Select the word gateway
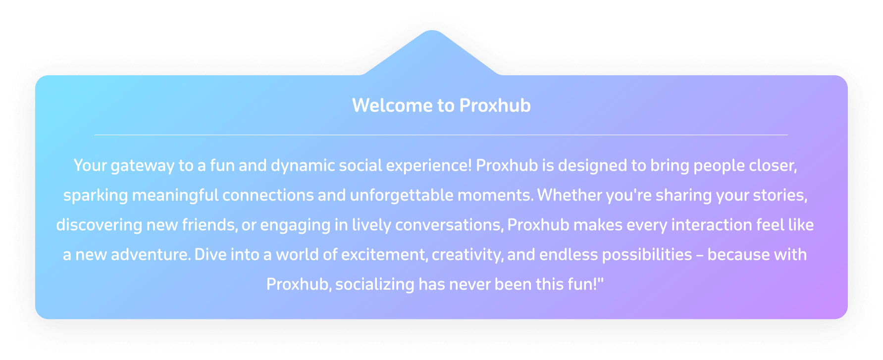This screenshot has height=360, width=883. [143, 166]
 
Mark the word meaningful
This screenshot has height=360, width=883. [175, 196]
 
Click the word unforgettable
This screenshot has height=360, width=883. [402, 195]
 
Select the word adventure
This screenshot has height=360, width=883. [151, 255]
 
